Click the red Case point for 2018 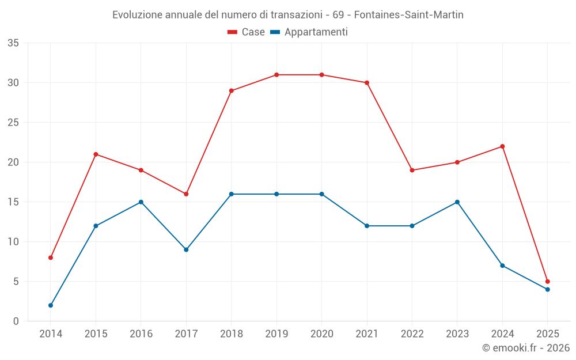point(232,90)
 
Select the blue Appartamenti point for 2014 point(51,305)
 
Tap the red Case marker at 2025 point(548,282)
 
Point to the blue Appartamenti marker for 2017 point(186,249)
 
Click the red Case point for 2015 point(96,154)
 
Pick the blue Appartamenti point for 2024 point(502,266)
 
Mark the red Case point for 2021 point(367,82)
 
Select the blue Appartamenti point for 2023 point(457,202)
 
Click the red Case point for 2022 point(412,170)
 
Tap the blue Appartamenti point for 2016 point(141,202)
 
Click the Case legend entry point(247,32)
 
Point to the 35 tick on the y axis point(13,43)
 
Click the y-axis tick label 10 point(13,242)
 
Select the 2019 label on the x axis point(276,334)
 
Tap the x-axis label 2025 point(548,334)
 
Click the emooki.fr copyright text point(525,348)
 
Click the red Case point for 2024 point(502,146)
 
